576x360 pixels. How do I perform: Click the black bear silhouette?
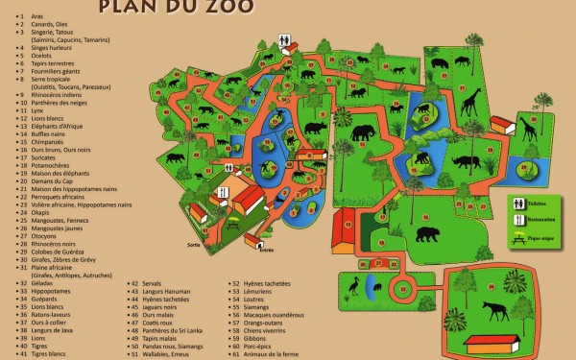pos(424,233)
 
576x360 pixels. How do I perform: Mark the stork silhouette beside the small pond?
pos(353,284)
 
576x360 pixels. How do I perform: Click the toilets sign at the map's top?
pos(285,39)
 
